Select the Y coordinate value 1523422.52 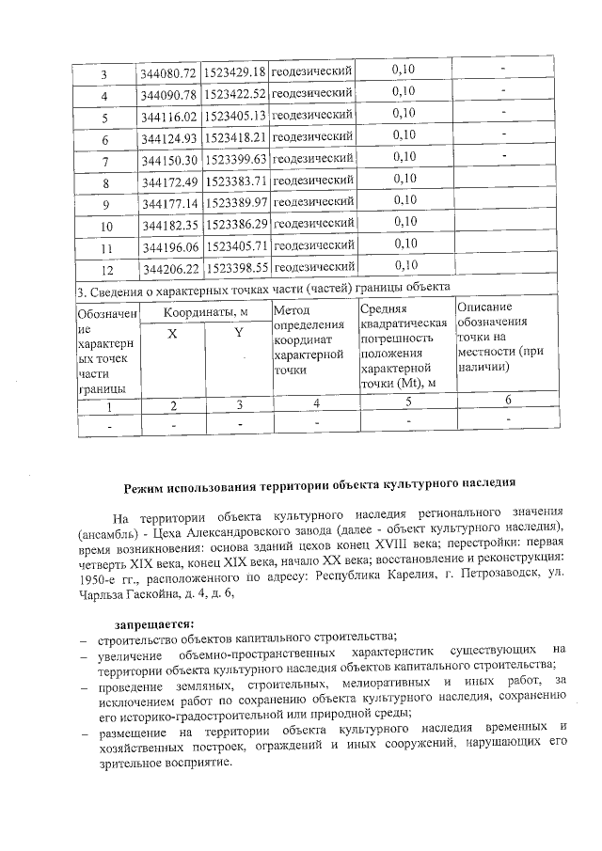point(235,95)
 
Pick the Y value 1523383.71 point(235,181)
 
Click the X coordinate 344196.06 point(169,247)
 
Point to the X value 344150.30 point(169,159)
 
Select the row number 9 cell point(106,203)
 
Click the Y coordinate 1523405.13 point(235,117)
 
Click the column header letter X point(172,334)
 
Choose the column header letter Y point(238,334)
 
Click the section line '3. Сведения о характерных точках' point(263,286)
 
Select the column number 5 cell point(407,402)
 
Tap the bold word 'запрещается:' point(154,622)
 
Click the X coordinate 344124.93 point(169,138)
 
